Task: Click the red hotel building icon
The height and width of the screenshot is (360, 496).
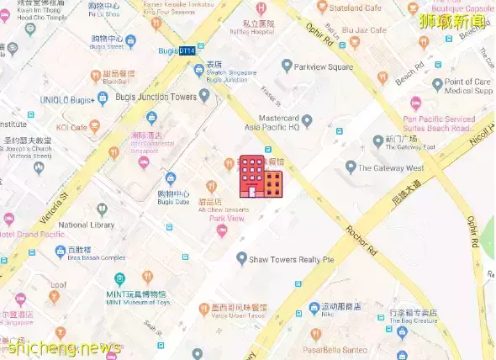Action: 261,176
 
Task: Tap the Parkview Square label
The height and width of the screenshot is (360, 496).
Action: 324,66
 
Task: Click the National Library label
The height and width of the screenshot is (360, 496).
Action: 86,225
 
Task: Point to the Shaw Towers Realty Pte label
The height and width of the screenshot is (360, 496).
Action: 293,260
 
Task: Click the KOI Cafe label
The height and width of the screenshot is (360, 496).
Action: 71,127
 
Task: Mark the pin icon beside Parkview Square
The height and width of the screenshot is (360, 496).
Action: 288,66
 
